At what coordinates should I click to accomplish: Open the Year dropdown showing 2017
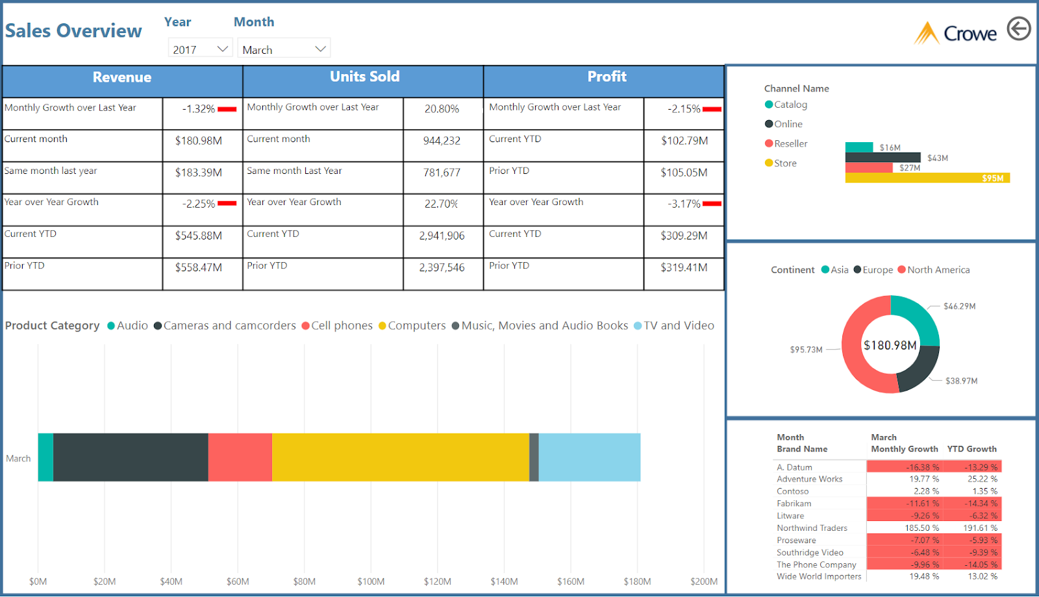(x=200, y=49)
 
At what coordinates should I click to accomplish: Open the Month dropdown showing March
(x=284, y=49)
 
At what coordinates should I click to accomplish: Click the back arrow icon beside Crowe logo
(x=1019, y=29)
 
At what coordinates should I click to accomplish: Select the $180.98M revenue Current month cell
(x=199, y=141)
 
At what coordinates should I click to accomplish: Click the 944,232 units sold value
(x=442, y=141)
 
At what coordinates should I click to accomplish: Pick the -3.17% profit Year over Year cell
(x=684, y=204)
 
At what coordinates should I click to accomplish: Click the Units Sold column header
(x=364, y=77)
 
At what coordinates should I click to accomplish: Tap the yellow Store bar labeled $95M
(x=927, y=178)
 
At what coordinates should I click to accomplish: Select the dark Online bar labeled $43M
(x=883, y=158)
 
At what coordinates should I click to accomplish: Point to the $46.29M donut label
(x=959, y=306)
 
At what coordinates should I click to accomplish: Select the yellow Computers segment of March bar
(x=400, y=457)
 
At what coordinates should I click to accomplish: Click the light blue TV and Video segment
(x=589, y=457)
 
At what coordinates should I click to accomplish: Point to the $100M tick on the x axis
(x=371, y=581)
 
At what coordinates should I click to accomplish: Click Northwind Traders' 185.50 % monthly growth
(x=921, y=528)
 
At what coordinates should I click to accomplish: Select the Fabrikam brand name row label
(x=794, y=504)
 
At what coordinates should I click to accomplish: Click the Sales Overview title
(x=73, y=31)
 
